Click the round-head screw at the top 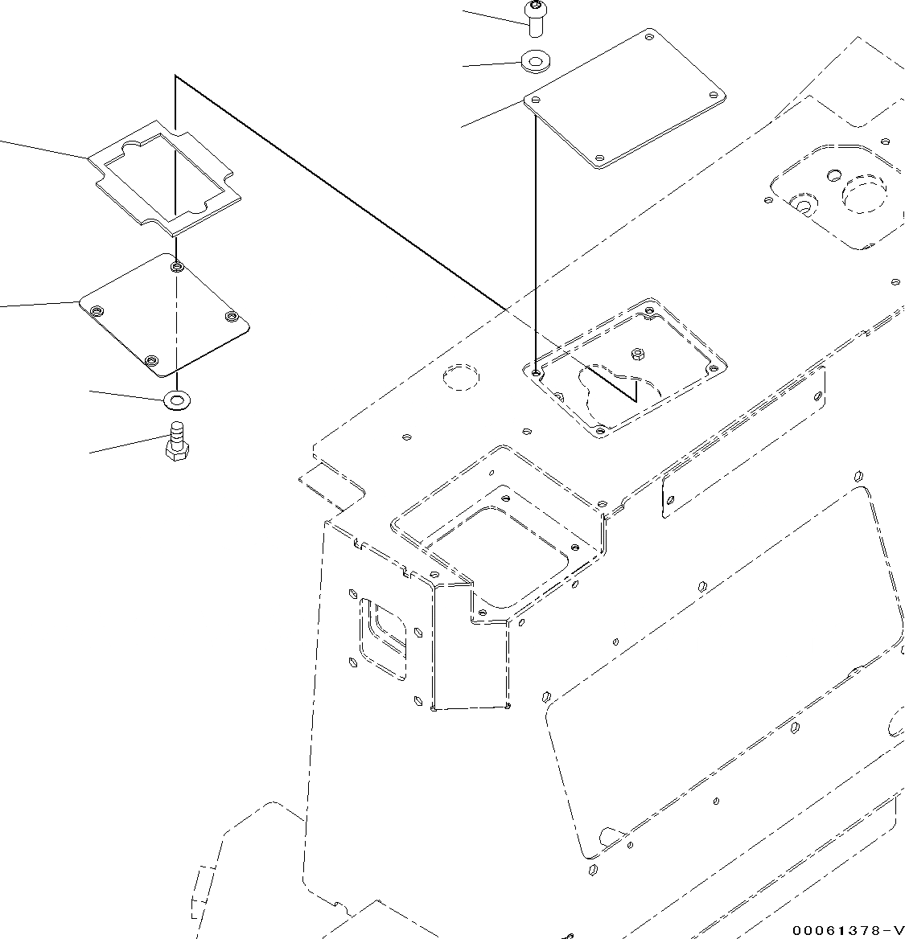[x=535, y=17]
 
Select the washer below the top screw [x=535, y=61]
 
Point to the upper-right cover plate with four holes [x=626, y=99]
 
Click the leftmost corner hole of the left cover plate [x=97, y=310]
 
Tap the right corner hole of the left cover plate [x=232, y=316]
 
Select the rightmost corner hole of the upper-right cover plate [x=714, y=94]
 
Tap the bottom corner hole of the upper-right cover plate [x=600, y=157]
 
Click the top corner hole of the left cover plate [x=176, y=265]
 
